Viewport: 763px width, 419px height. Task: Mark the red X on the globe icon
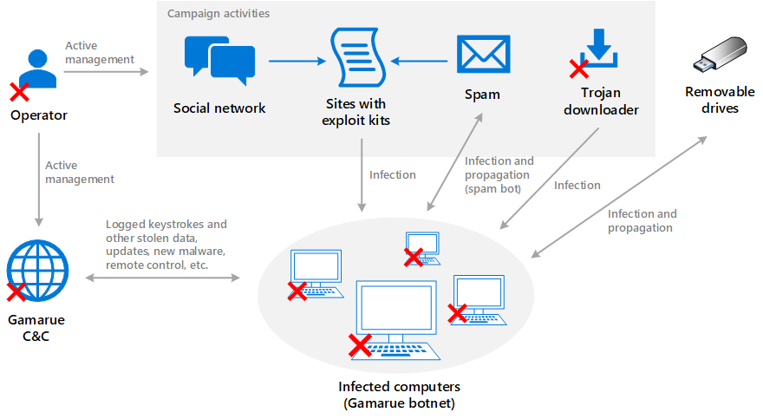(16, 291)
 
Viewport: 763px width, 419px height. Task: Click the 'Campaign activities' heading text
(218, 14)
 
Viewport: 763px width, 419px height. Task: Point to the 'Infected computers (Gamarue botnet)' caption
(400, 394)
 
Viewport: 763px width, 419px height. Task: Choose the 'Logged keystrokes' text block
(166, 245)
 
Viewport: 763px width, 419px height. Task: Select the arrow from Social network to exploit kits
(295, 61)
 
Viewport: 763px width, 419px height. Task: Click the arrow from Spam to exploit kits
(421, 61)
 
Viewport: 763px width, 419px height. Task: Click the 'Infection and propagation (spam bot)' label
(499, 174)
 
